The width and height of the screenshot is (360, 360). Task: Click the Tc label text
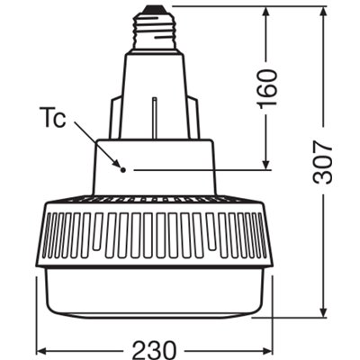pos(56,120)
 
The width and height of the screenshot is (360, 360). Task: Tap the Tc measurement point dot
pos(121,168)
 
